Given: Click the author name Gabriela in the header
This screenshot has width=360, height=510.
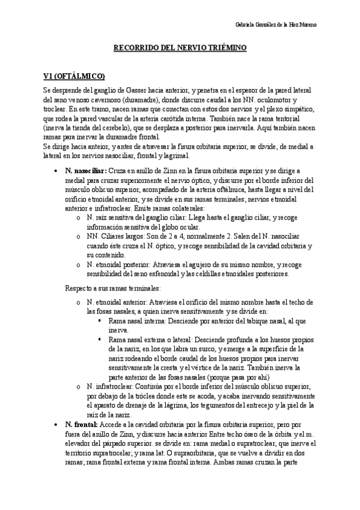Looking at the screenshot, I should pos(245,25).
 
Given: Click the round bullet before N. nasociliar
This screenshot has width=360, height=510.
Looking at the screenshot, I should pos(55,170).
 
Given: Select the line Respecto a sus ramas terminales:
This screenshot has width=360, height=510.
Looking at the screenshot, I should pos(114,288).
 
